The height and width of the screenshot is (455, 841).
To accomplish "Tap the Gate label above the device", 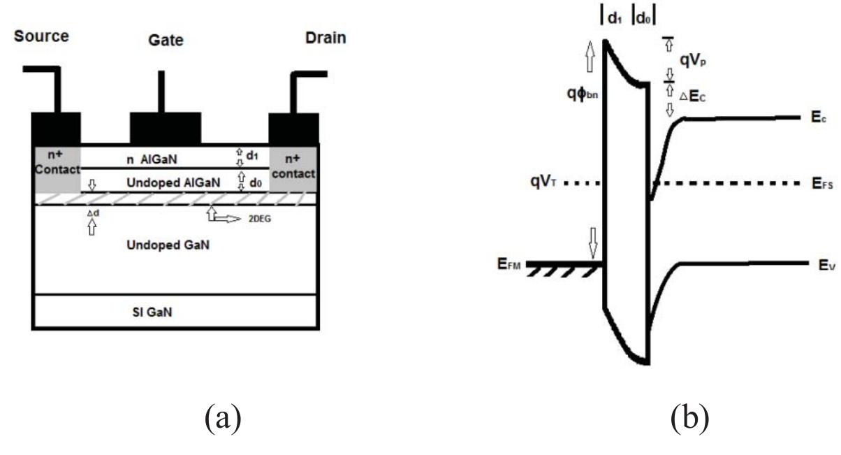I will click(x=166, y=41).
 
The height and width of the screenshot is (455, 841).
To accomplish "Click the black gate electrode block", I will click(x=165, y=128).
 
